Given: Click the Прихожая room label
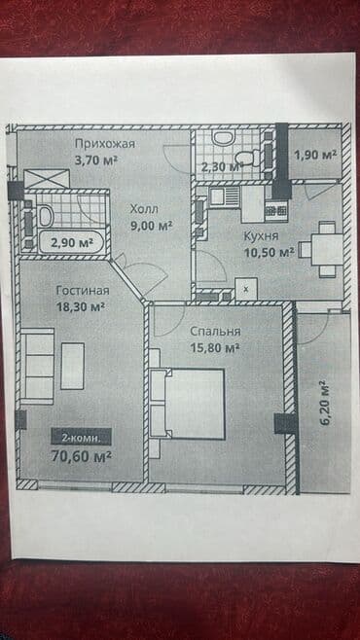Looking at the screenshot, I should (106, 144).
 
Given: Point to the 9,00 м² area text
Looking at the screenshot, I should (152, 226).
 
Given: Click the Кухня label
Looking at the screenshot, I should (263, 236).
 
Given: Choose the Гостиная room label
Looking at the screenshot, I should (82, 290).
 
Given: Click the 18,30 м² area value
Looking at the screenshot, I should (81, 306).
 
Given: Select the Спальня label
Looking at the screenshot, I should (214, 331).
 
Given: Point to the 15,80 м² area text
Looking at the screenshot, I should (214, 347).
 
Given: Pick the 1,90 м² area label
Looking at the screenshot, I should (314, 155).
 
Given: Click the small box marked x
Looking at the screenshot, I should (247, 290).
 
